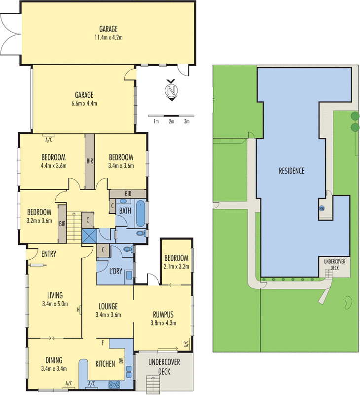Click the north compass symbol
click(172, 91)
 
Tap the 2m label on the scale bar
click(171, 121)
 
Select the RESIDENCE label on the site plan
click(291, 171)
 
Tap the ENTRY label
click(49, 254)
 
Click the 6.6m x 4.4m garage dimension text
click(84, 103)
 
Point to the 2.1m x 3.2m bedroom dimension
click(176, 267)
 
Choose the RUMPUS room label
click(163, 314)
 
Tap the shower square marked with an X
click(90, 236)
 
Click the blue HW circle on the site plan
click(322, 208)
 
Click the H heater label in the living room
click(78, 310)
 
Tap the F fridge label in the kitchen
click(102, 342)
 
